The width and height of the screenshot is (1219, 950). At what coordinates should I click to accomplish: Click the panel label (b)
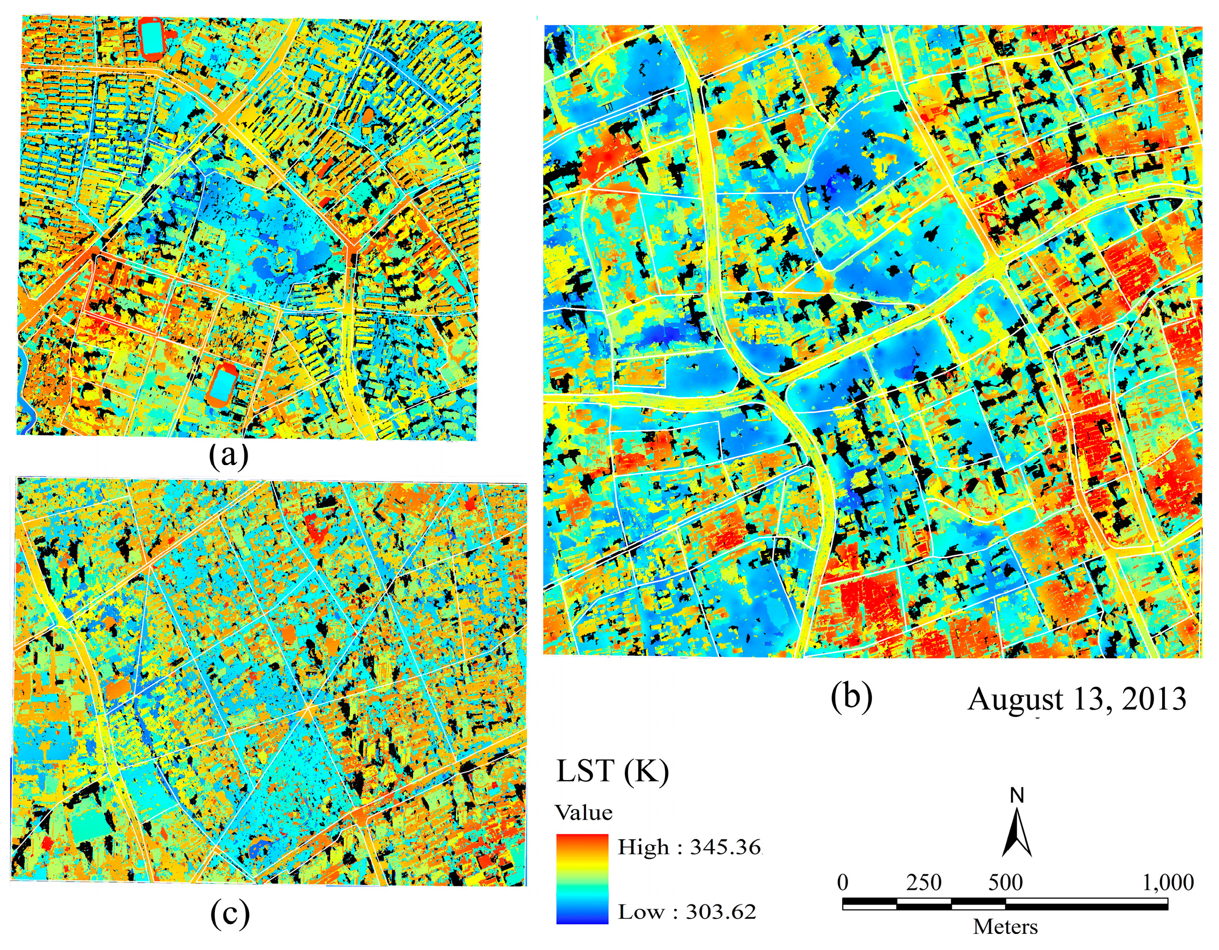tap(851, 697)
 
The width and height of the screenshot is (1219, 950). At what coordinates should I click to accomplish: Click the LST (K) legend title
tap(612, 772)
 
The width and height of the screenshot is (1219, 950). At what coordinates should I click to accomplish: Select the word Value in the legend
tap(584, 812)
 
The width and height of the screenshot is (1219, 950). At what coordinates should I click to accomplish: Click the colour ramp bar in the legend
tap(581, 879)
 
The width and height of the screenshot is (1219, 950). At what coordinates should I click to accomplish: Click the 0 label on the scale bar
tap(843, 882)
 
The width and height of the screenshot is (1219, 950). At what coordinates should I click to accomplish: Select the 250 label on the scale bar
tap(923, 882)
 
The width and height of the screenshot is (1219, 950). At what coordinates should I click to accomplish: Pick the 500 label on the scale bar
tap(1005, 882)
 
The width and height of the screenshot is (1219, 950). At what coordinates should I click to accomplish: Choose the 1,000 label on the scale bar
tap(1168, 882)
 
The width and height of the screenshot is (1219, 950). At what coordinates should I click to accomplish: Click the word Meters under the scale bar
tap(1005, 927)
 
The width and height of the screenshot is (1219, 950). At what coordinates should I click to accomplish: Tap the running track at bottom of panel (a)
tap(223, 384)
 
